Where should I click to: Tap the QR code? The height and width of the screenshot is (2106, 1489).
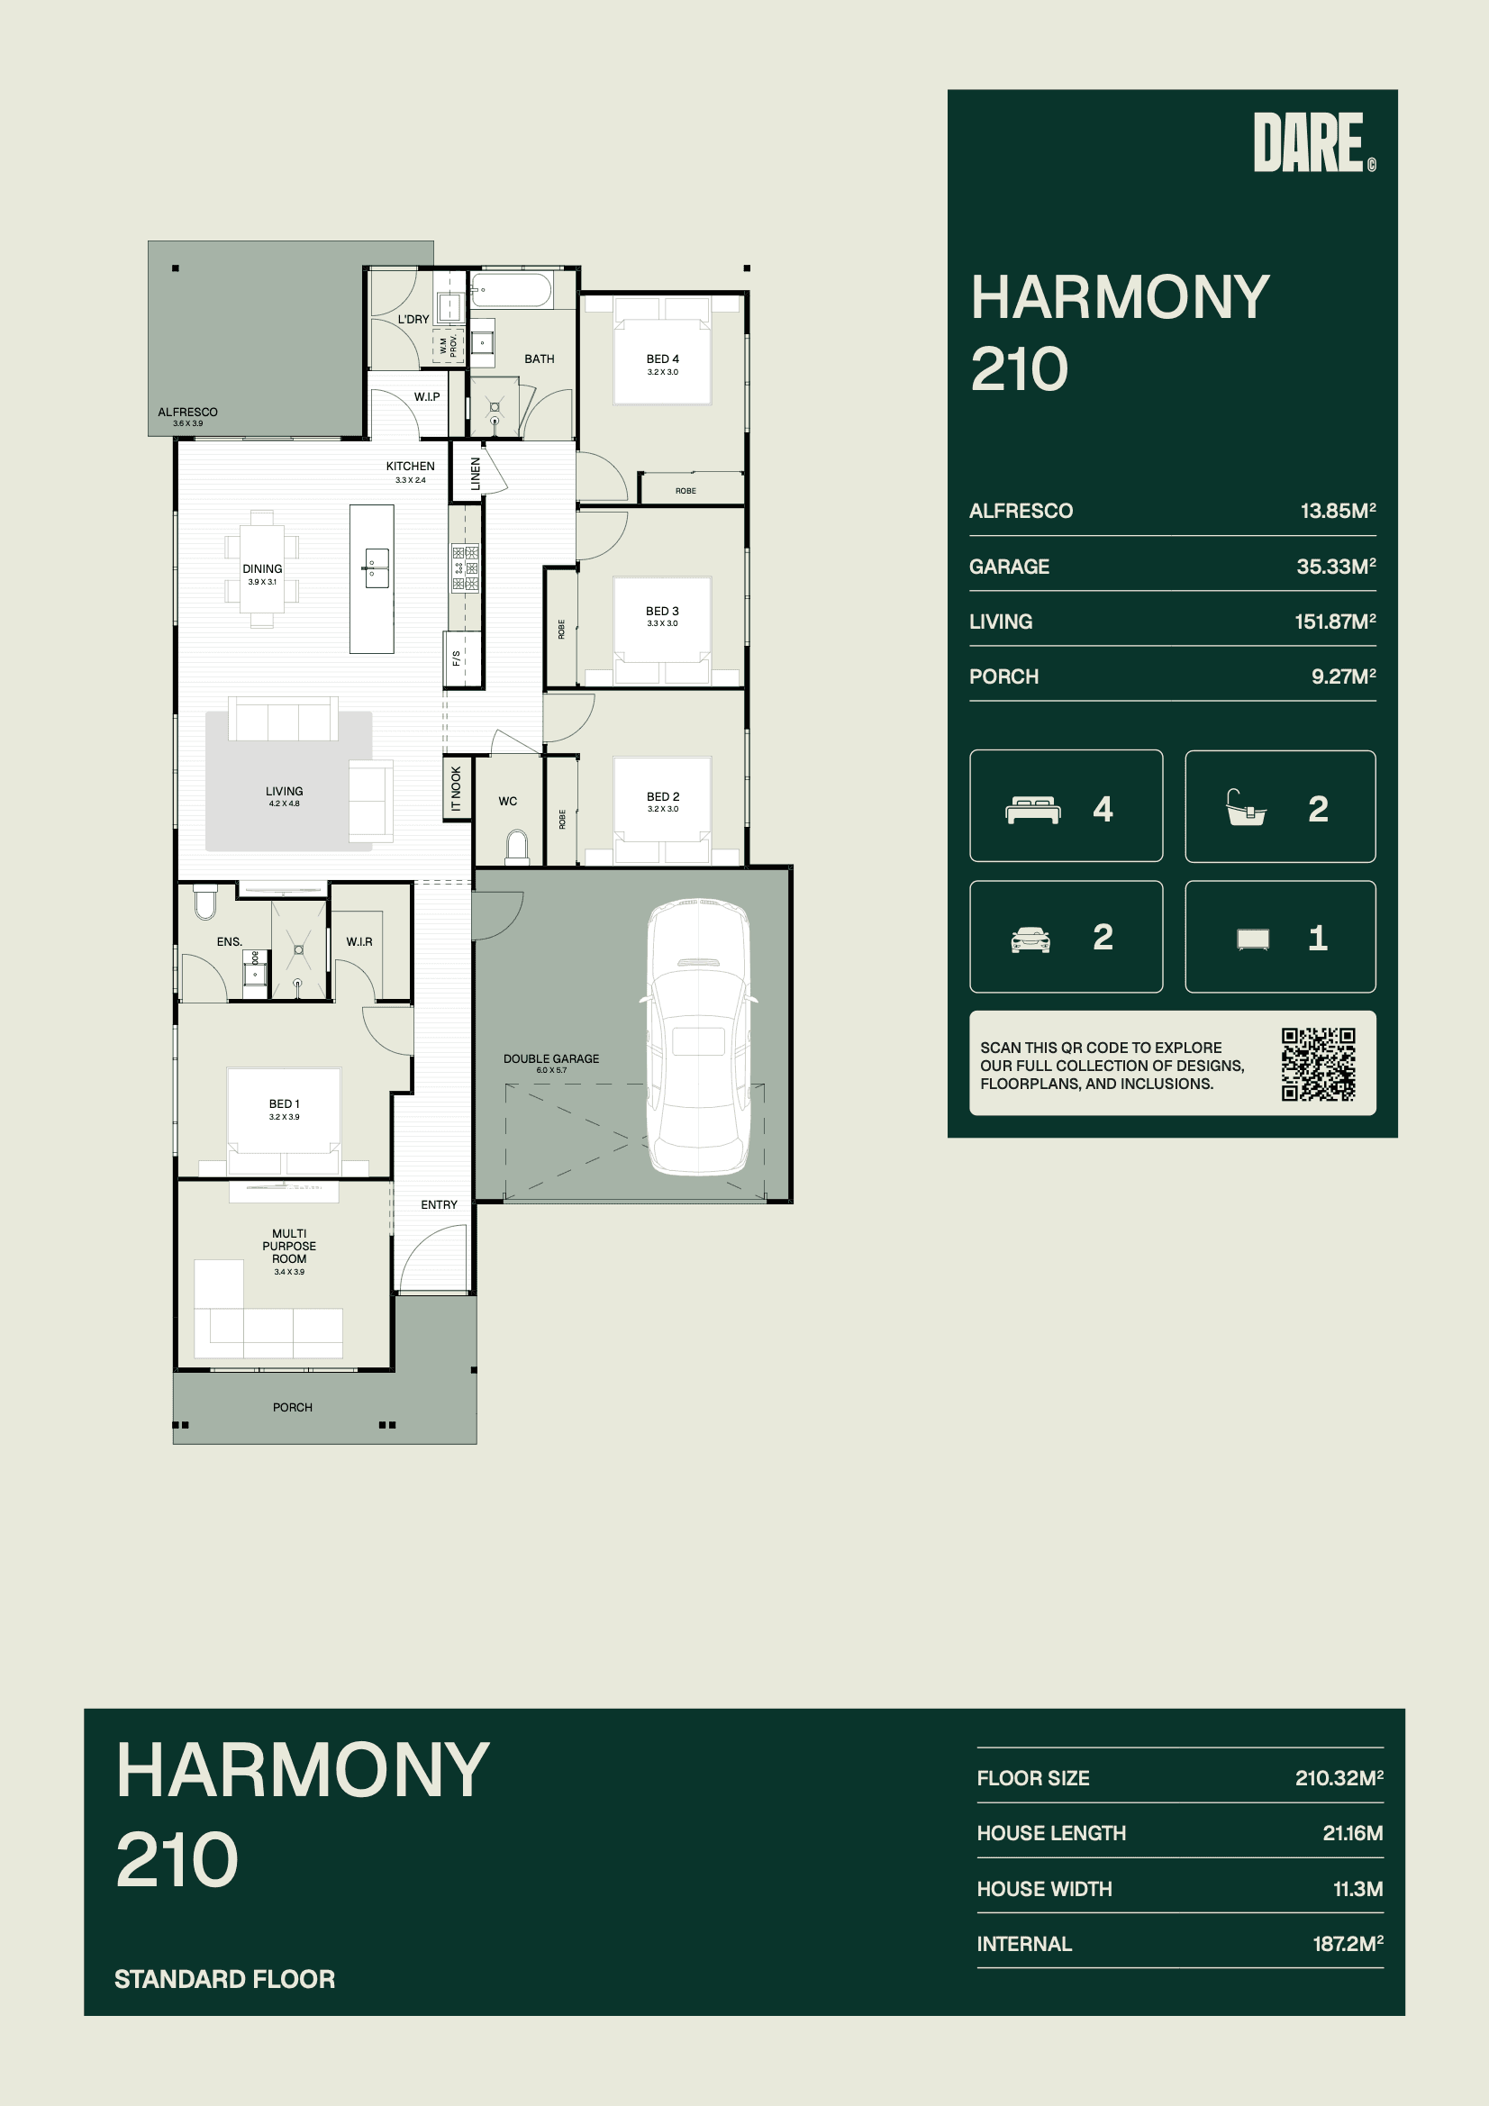click(1319, 1064)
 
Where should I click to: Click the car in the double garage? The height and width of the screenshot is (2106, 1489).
click(699, 1037)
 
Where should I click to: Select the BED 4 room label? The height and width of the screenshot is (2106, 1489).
click(662, 359)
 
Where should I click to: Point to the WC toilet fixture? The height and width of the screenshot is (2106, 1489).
click(517, 848)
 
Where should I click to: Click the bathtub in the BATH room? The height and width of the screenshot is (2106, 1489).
click(511, 291)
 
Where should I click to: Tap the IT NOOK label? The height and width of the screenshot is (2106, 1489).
click(456, 789)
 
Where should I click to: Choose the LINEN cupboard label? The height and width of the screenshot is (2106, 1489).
click(476, 473)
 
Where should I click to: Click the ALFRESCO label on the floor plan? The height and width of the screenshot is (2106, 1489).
click(187, 412)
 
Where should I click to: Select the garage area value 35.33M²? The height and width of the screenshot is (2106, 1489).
click(1336, 566)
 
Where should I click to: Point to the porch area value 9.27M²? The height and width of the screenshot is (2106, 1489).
click(1343, 676)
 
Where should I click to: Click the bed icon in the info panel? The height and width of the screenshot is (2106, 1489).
click(1033, 810)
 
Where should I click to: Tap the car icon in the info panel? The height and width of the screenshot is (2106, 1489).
click(1030, 940)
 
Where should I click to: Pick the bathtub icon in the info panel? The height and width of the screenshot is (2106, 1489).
click(1246, 808)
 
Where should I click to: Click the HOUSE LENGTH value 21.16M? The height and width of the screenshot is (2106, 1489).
click(1352, 1833)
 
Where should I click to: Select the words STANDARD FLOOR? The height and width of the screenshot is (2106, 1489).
click(225, 1978)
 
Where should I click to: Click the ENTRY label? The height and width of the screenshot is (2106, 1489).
click(439, 1204)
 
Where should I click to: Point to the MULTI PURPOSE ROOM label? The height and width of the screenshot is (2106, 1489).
click(289, 1246)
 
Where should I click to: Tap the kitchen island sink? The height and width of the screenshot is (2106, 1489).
click(377, 567)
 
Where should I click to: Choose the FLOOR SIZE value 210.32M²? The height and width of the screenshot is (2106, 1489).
click(1339, 1777)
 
